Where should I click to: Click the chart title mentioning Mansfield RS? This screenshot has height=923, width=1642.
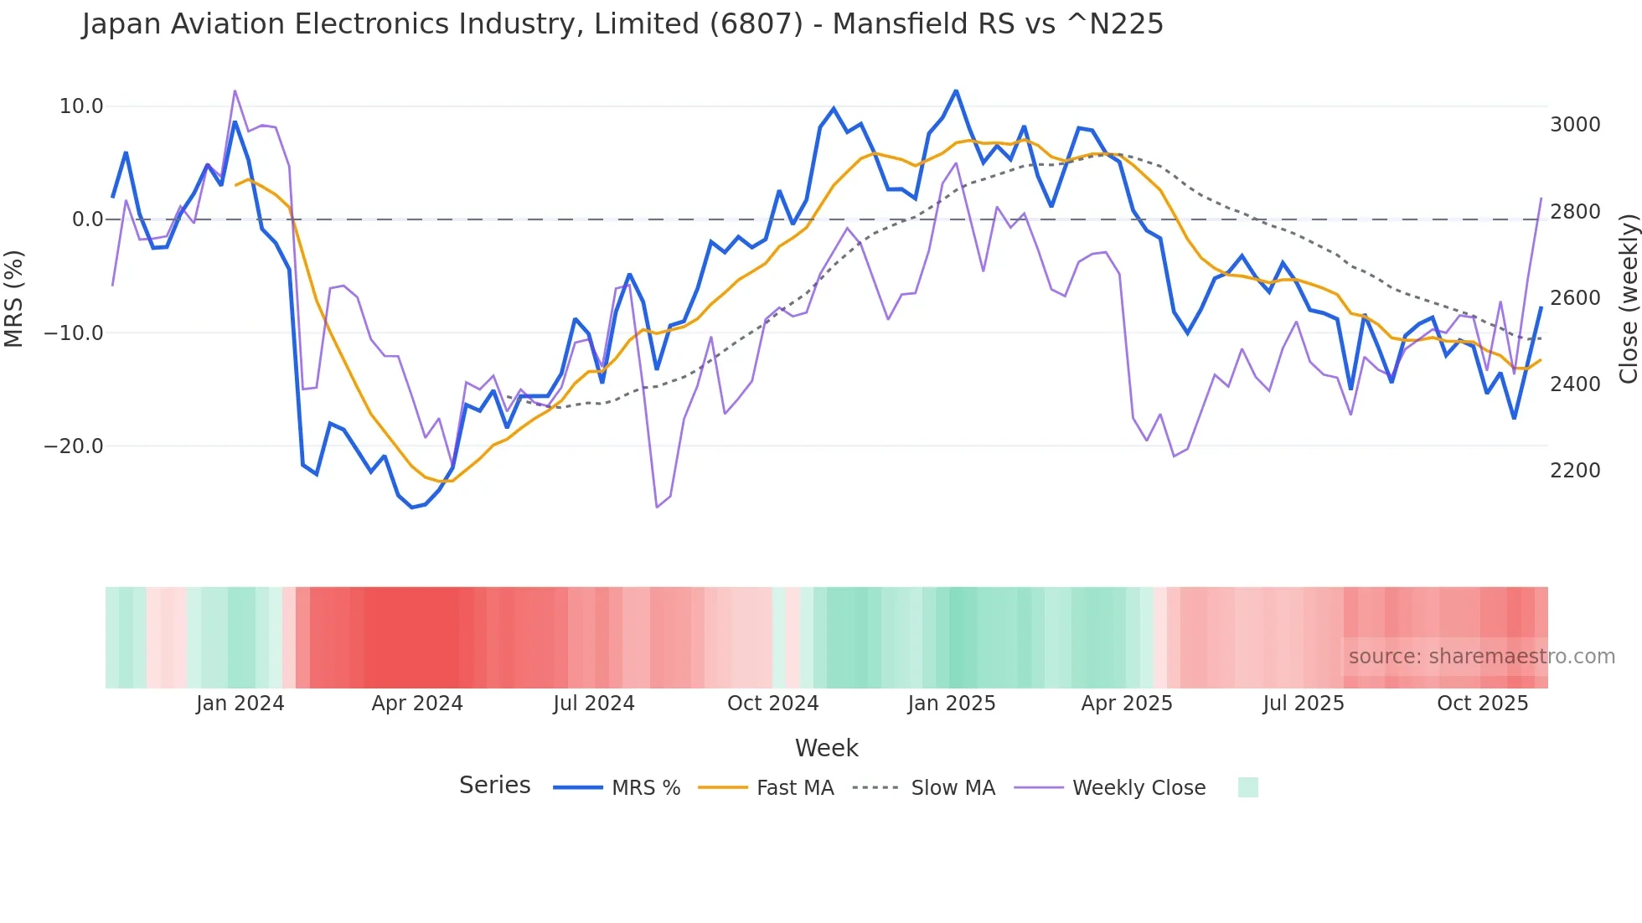[x=622, y=24]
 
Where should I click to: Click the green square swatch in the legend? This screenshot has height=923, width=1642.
[x=1247, y=787]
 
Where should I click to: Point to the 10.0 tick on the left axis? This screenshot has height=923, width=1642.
[x=81, y=106]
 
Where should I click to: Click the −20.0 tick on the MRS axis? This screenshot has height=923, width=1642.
[x=75, y=446]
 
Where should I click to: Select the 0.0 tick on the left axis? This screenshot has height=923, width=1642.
[x=87, y=219]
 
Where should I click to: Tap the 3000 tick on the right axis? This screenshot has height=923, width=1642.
[x=1575, y=125]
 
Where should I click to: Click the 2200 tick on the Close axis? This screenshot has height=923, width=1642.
[x=1575, y=471]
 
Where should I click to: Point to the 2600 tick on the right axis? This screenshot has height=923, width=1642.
[x=1575, y=298]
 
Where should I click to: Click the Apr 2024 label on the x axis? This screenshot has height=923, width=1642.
[x=417, y=704]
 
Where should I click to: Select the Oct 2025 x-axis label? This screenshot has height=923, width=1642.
[x=1482, y=704]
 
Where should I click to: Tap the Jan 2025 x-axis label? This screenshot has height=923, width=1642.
[x=951, y=704]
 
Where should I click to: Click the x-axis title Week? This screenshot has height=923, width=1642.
[x=826, y=748]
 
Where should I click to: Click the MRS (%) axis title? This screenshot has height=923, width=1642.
[x=13, y=298]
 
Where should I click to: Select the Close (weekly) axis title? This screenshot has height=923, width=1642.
[x=1628, y=298]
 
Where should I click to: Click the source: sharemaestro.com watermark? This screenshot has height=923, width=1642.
[x=1481, y=657]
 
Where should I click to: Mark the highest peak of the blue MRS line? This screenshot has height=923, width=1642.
[x=956, y=90]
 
